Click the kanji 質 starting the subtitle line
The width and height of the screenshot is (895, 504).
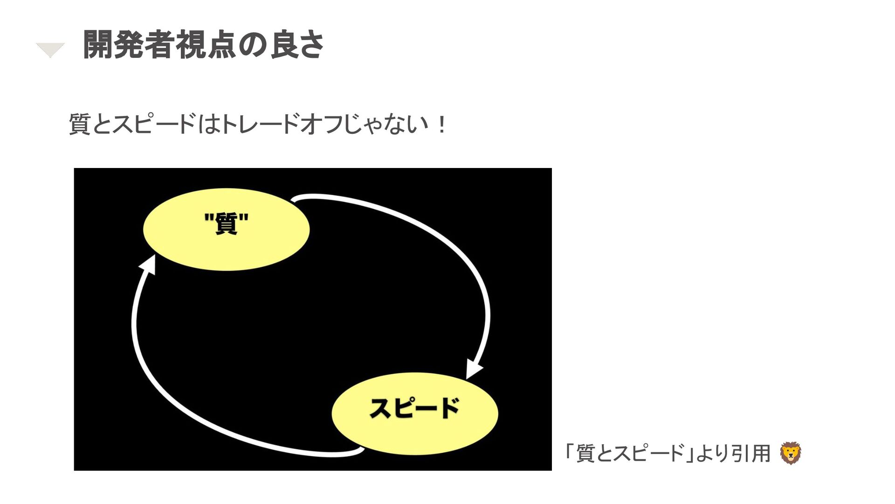click(x=80, y=125)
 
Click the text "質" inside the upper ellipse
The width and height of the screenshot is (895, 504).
click(x=227, y=223)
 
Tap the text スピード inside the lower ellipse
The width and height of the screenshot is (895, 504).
click(x=414, y=408)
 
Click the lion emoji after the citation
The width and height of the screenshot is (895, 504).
click(x=791, y=453)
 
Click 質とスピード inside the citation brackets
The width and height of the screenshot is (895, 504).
click(x=629, y=453)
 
